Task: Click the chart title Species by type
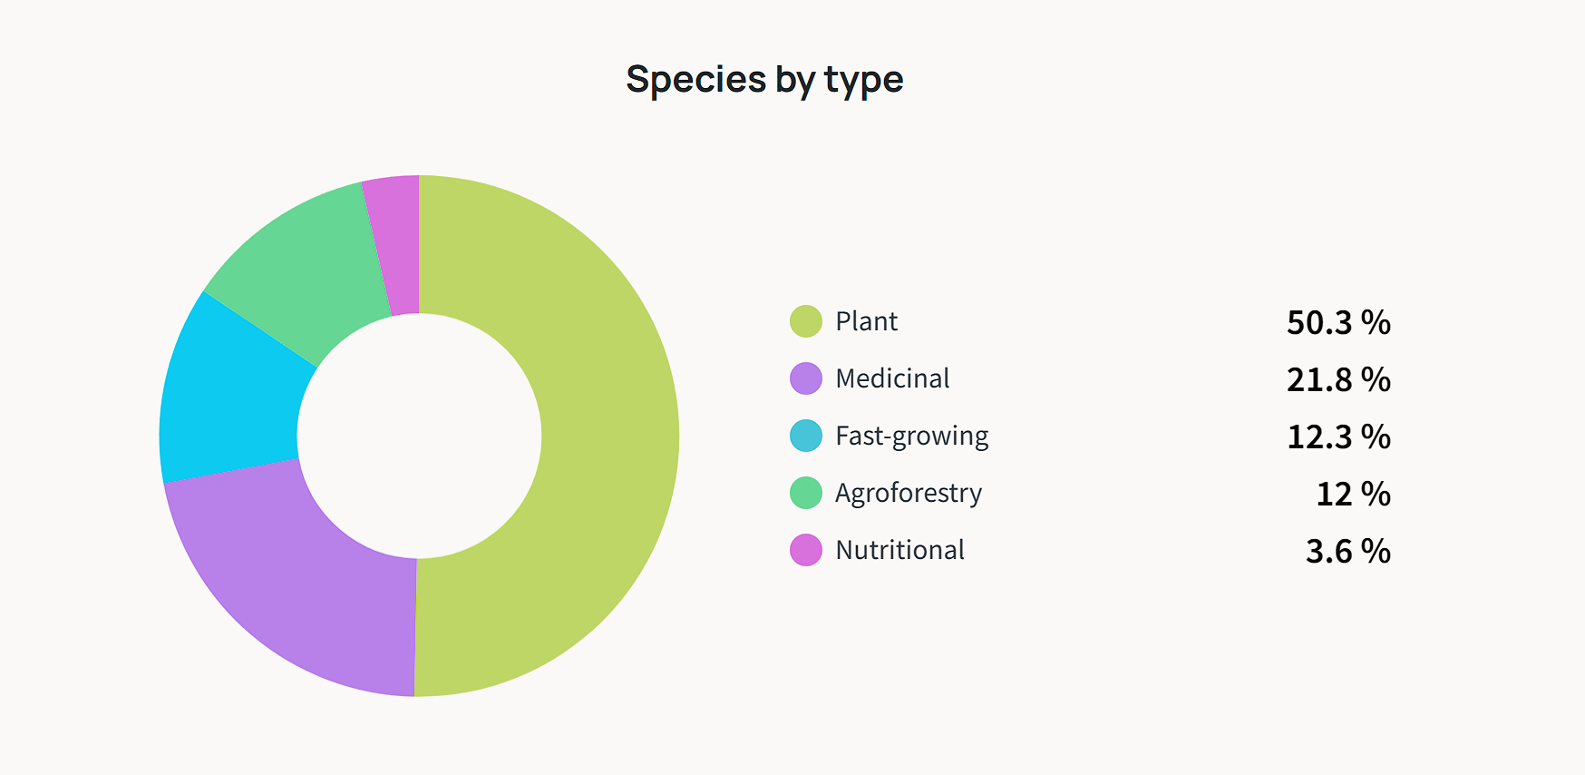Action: point(764,80)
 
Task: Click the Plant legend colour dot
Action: point(806,321)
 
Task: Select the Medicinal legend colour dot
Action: point(806,378)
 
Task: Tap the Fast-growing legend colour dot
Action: point(806,436)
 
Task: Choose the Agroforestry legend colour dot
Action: point(806,493)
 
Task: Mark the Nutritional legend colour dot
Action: point(806,550)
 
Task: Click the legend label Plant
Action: point(866,321)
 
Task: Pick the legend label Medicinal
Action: point(892,378)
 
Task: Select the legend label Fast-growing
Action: point(911,437)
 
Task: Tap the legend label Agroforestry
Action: point(908,493)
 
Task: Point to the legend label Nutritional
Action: point(899,550)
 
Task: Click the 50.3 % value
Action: point(1338,322)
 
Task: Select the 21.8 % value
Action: point(1338,379)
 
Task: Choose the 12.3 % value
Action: point(1338,437)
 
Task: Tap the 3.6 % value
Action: point(1347,551)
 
